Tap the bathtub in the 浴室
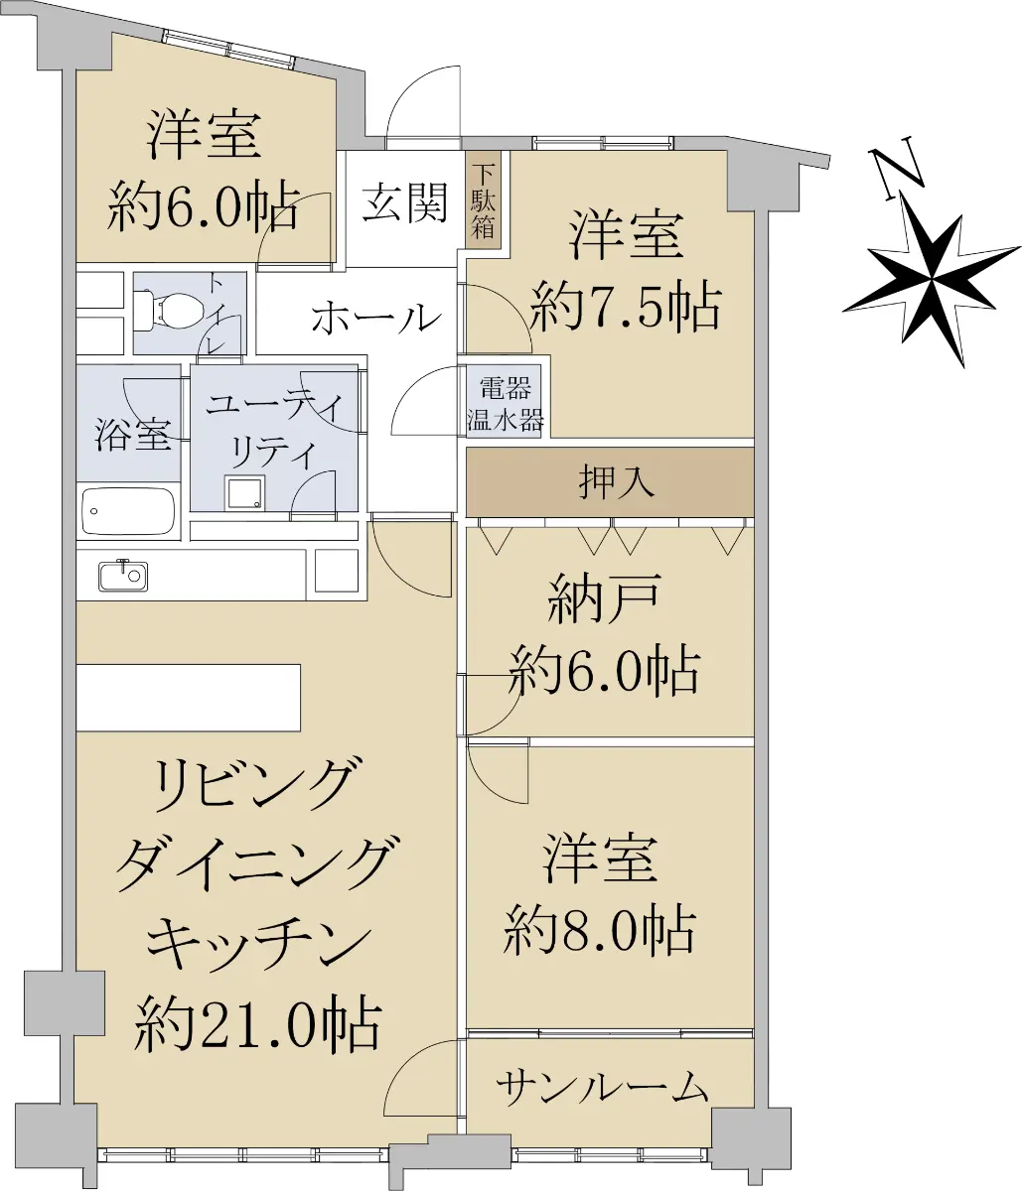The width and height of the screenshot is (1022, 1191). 128,511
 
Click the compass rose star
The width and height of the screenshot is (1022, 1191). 932,281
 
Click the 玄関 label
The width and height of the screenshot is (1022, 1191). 404,202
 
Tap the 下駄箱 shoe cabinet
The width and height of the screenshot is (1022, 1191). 484,200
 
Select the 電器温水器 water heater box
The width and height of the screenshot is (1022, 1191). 505,401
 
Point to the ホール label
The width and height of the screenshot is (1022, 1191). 376,318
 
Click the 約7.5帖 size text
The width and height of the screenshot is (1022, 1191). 625,306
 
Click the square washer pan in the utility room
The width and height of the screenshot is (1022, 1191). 245,492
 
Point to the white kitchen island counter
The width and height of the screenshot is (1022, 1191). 188,697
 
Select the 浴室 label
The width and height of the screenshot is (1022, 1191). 133,434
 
